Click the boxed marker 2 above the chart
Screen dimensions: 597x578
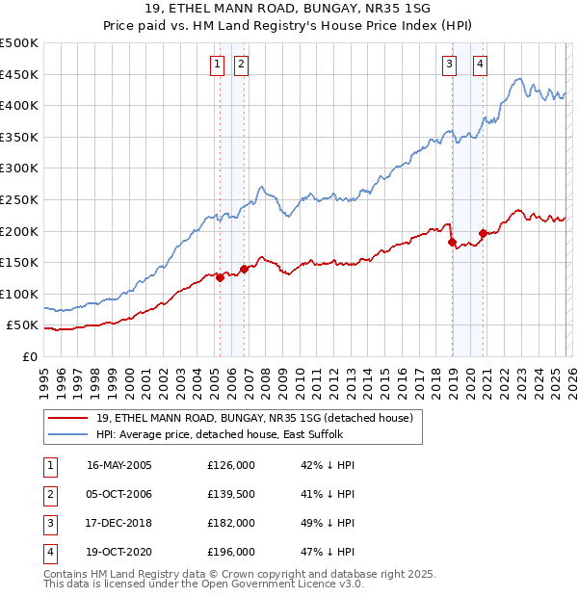coord(240,65)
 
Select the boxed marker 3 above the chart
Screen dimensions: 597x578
coord(449,65)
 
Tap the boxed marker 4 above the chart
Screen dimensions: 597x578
coord(480,65)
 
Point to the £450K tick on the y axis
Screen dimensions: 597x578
coord(19,74)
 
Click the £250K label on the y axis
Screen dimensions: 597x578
coord(19,199)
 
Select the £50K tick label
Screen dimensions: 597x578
coord(23,325)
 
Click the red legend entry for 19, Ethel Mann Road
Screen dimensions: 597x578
coord(254,418)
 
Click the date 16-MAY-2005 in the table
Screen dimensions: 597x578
coord(119,464)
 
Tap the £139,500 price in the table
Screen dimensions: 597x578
coord(231,494)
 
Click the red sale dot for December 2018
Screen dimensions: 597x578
coord(452,243)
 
